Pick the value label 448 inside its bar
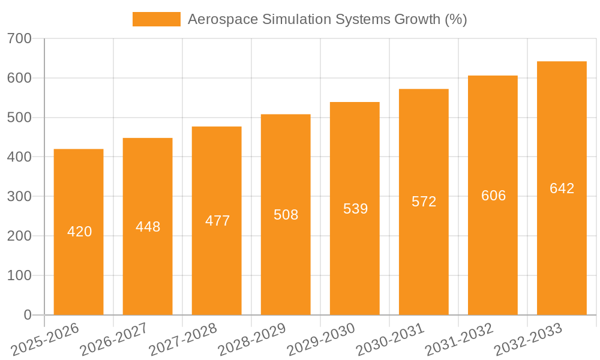148,227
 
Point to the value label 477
217,221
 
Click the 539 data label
355,209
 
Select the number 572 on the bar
424,202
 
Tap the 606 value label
493,196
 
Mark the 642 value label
562,188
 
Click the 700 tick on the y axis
19,39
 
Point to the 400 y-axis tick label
19,157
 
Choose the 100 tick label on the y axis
19,275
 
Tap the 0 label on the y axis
28,315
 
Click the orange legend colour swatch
156,19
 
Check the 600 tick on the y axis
19,78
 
